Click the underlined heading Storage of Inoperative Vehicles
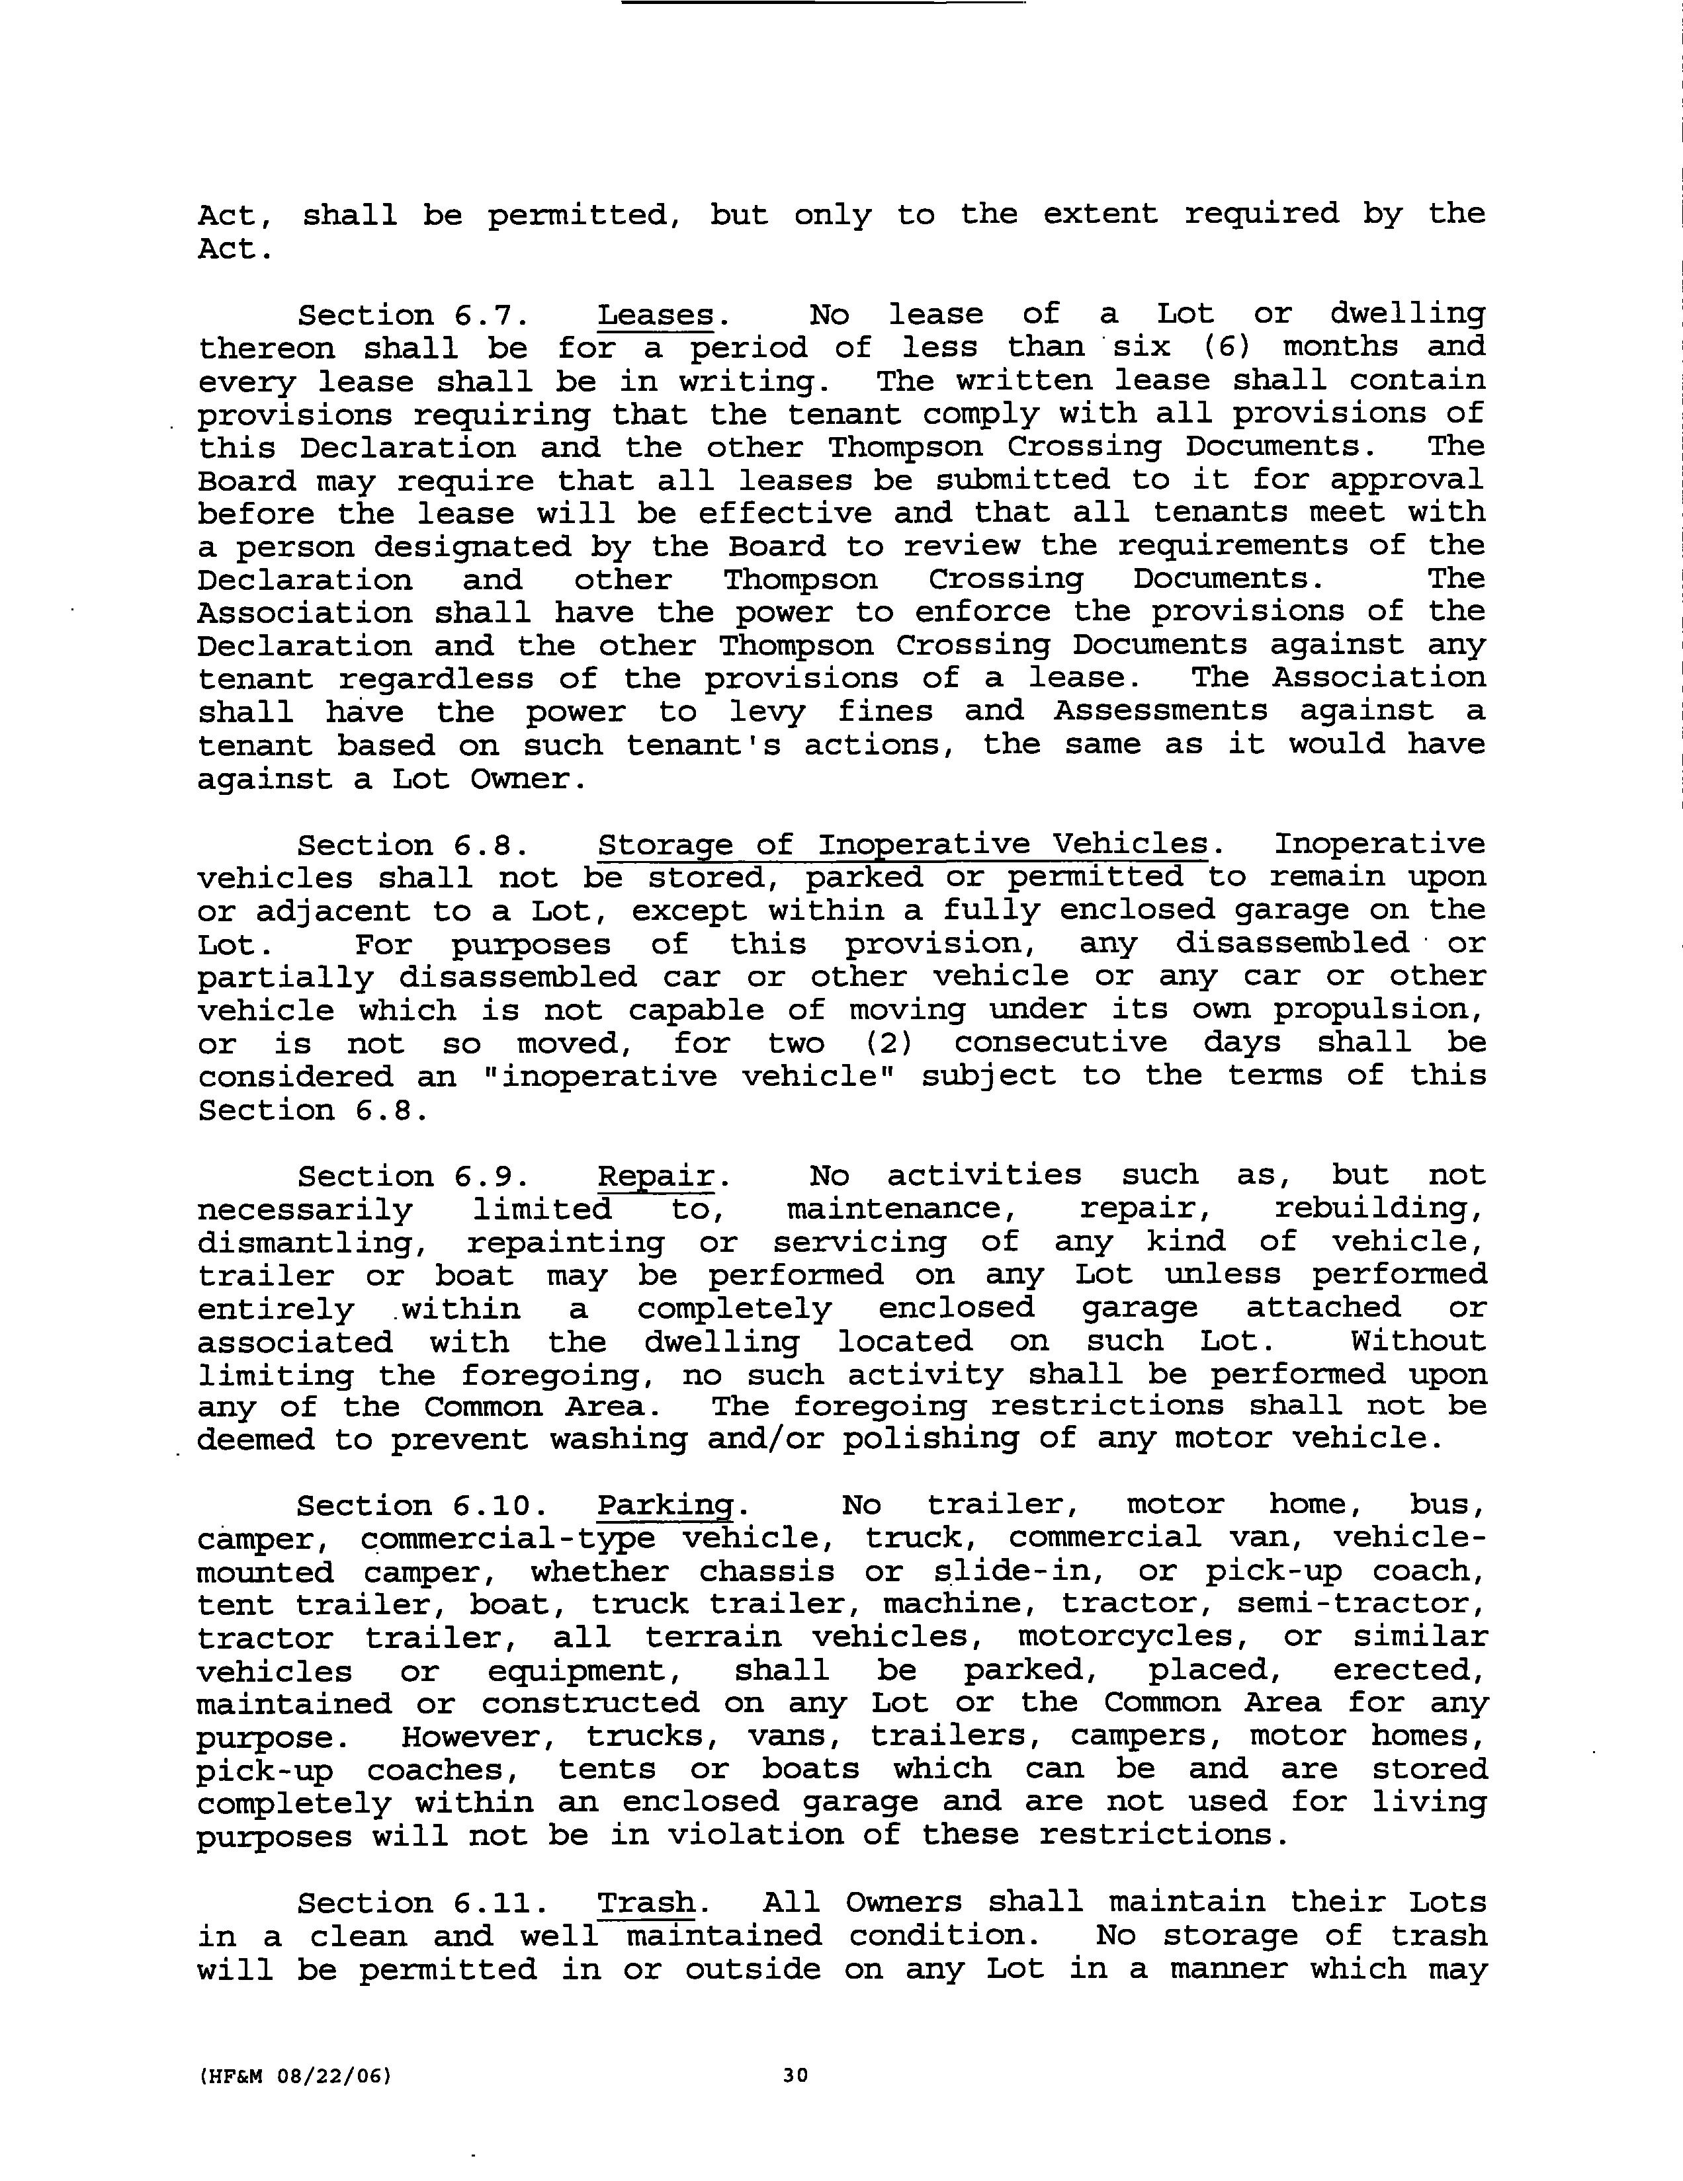903,845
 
